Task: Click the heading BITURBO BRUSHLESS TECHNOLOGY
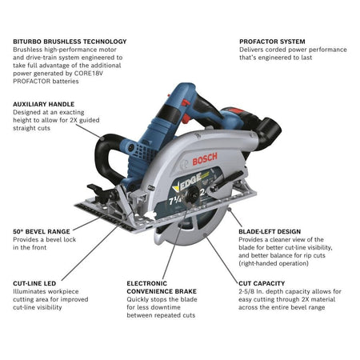(x=70, y=41)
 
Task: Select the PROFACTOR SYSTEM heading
(x=272, y=41)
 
